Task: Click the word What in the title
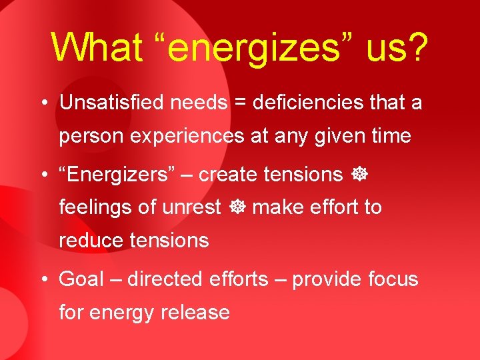pos(97,47)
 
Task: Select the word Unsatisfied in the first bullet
pos(113,103)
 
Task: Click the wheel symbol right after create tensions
pos(357,175)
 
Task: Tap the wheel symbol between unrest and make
pos(237,208)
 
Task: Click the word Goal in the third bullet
pos(81,279)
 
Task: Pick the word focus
pos(393,279)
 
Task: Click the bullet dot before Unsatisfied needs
pos(43,103)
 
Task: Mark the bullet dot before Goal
pos(43,279)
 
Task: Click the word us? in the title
pos(396,47)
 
